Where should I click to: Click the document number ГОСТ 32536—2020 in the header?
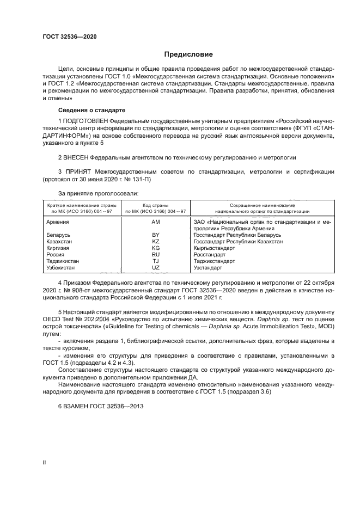click(70, 37)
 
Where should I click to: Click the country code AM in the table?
click(156, 222)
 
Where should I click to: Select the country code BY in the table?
click(156, 235)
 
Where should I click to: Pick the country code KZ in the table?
click(156, 241)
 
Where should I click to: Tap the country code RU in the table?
click(156, 254)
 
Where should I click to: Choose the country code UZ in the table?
click(156, 268)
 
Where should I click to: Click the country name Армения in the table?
click(57, 222)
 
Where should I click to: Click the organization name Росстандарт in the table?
click(210, 254)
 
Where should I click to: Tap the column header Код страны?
click(155, 205)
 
